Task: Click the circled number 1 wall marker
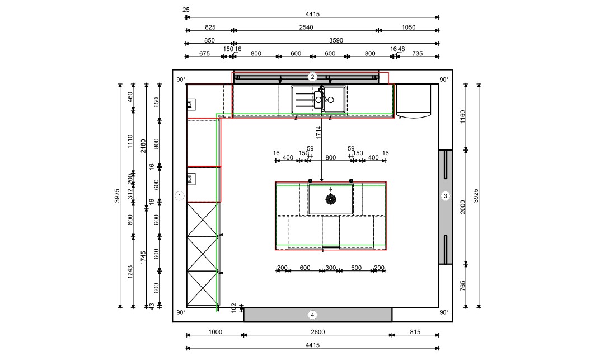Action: click(180, 196)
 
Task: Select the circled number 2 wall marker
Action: click(312, 77)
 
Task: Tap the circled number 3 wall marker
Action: click(446, 196)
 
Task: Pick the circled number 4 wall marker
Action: click(312, 315)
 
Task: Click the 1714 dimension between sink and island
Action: click(318, 133)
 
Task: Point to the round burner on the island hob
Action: click(330, 199)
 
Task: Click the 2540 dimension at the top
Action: click(306, 27)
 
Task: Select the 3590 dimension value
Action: click(336, 40)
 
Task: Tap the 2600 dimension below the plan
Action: click(317, 332)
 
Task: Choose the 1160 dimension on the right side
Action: click(462, 117)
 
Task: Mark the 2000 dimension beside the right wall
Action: click(462, 207)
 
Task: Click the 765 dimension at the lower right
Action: click(462, 286)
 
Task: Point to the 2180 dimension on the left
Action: click(143, 146)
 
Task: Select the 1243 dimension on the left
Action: click(130, 272)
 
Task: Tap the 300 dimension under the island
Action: click(330, 268)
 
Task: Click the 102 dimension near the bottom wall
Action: click(234, 307)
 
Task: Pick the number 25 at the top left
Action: click(186, 10)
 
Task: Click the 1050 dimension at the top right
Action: click(409, 27)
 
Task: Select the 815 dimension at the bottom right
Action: click(415, 332)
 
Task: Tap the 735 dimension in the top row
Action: click(418, 54)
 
